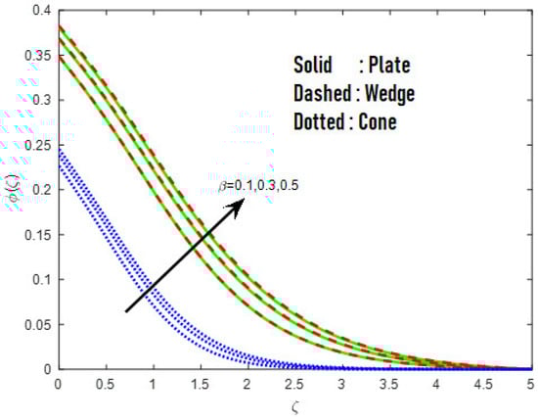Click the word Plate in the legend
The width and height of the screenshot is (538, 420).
point(387,65)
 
